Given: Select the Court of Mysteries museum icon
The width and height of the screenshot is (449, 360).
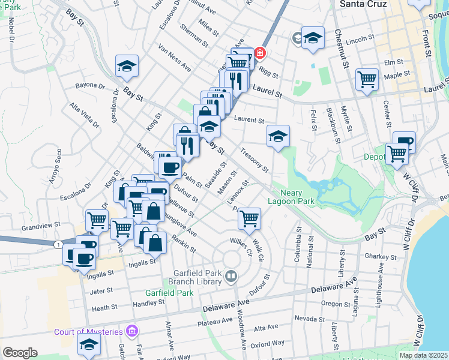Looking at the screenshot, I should tap(133, 331).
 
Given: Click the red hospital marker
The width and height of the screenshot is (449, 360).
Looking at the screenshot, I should tap(259, 53).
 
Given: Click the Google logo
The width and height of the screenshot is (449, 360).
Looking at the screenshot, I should tap(20, 353).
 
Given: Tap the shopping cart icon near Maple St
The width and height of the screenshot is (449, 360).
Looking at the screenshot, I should tap(367, 79).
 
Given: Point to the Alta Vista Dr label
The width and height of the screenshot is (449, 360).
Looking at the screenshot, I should tap(84, 115).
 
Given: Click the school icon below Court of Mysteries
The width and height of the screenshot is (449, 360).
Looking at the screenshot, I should tap(89, 345).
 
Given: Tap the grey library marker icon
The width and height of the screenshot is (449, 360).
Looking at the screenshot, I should tap(231, 277).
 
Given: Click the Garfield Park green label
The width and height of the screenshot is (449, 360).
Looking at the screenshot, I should tap(169, 293).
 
